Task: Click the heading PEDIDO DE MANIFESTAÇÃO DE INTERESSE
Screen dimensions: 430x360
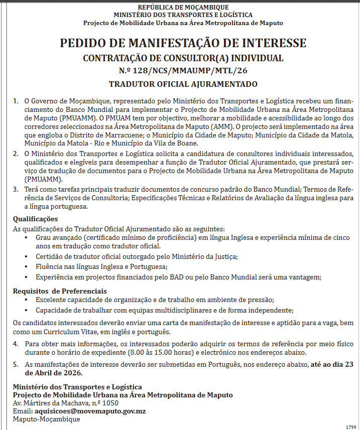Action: pyautogui.click(x=183, y=43)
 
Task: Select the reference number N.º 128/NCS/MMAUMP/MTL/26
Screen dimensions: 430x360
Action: pyautogui.click(x=183, y=71)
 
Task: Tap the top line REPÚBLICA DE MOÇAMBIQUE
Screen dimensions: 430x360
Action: pyautogui.click(x=183, y=8)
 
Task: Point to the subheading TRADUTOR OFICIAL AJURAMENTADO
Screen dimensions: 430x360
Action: pyautogui.click(x=183, y=84)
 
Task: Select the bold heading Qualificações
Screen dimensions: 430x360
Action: pyautogui.click(x=35, y=219)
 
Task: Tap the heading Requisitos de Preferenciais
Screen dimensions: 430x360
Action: pyautogui.click(x=60, y=291)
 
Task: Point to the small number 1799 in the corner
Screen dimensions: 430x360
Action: pyautogui.click(x=351, y=426)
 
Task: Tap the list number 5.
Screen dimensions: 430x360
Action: pyautogui.click(x=16, y=365)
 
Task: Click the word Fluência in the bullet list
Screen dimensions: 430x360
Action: pyautogui.click(x=51, y=267)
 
